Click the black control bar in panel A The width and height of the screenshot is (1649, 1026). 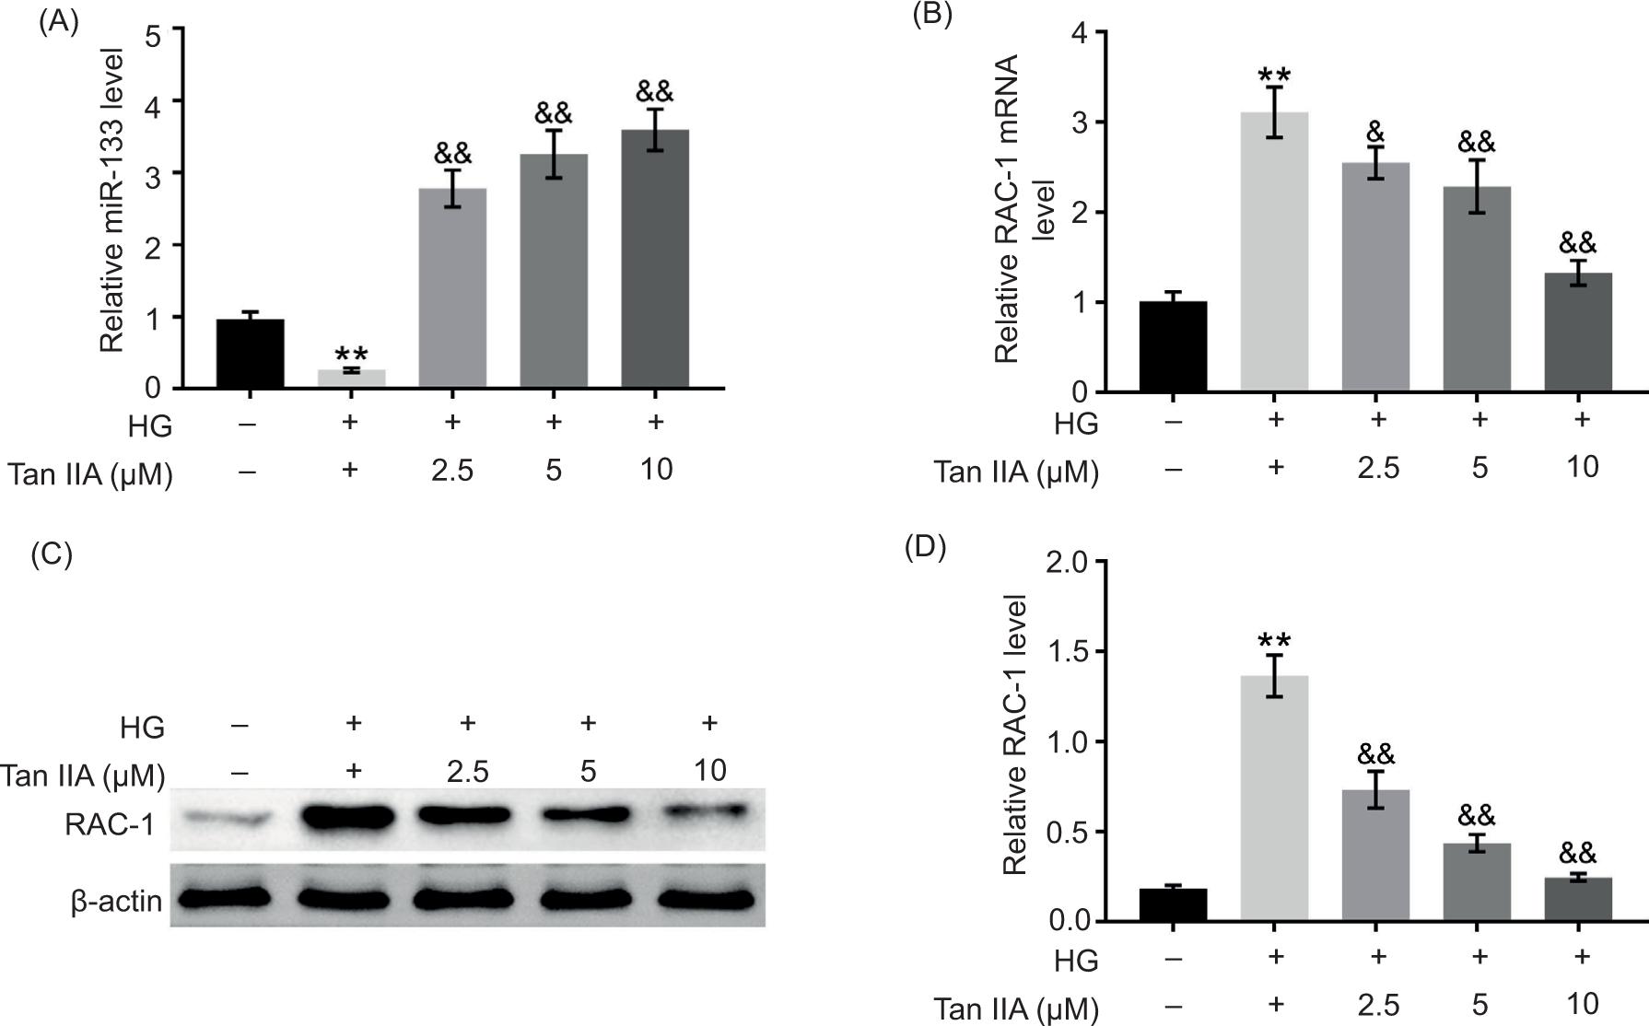click(250, 354)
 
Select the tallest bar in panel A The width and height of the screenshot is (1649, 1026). click(655, 259)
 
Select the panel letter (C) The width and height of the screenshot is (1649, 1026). click(52, 554)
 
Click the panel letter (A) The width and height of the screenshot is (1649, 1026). click(58, 21)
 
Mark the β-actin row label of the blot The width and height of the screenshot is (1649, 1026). click(117, 901)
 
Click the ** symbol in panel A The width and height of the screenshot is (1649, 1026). click(351, 356)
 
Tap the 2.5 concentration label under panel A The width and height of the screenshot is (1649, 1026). click(451, 470)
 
